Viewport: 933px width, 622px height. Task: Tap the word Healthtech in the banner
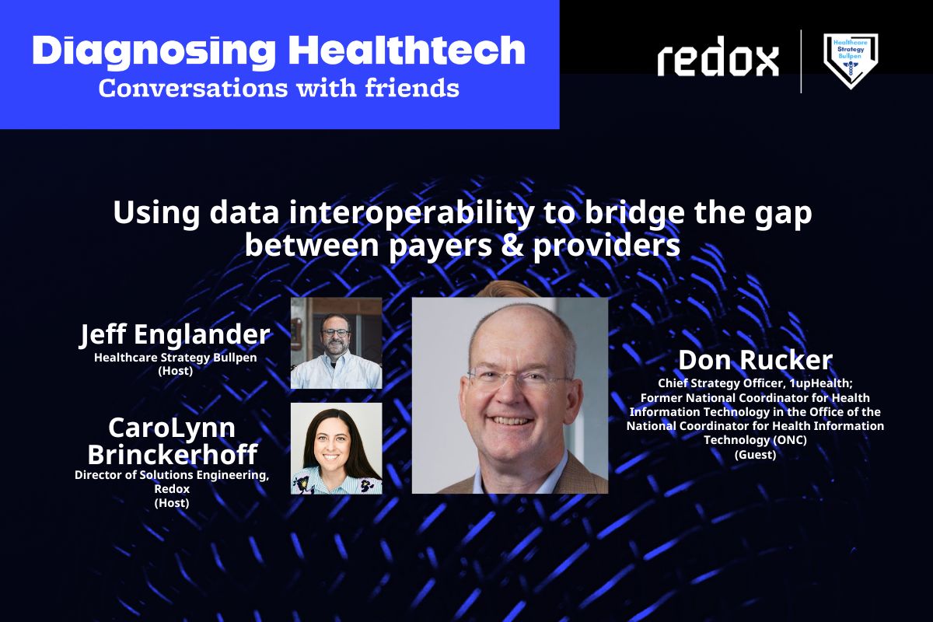point(407,51)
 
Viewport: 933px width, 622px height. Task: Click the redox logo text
point(718,61)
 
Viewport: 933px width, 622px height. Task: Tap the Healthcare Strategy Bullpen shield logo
point(851,61)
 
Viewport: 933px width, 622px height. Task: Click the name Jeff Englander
point(175,334)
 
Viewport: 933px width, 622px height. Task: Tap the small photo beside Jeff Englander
point(336,343)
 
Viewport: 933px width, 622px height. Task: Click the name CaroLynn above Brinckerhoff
point(173,428)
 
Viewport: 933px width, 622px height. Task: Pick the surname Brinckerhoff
point(173,453)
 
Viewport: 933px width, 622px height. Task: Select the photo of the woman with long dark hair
point(336,448)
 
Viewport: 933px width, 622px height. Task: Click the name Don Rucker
point(755,360)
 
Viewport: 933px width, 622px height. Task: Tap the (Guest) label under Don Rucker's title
point(755,455)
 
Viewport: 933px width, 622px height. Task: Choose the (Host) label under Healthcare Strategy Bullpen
point(175,371)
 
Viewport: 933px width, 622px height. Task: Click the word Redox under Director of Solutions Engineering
point(173,489)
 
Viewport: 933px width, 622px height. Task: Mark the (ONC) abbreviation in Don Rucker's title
point(787,440)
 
